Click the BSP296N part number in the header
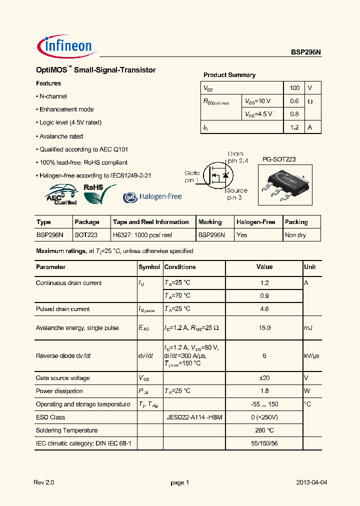coord(306,52)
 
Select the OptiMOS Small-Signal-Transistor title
coord(96,70)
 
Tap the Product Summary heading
coord(229,75)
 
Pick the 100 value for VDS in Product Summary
coord(294,88)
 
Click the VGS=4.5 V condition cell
coord(258,114)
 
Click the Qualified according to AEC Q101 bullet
coord(81,149)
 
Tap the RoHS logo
coord(98,194)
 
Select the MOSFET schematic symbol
coord(219,176)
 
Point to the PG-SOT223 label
coord(279,159)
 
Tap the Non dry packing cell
coord(295,235)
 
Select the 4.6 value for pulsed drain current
coord(264,309)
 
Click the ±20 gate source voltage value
coord(264,378)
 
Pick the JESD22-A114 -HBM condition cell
coord(194,417)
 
